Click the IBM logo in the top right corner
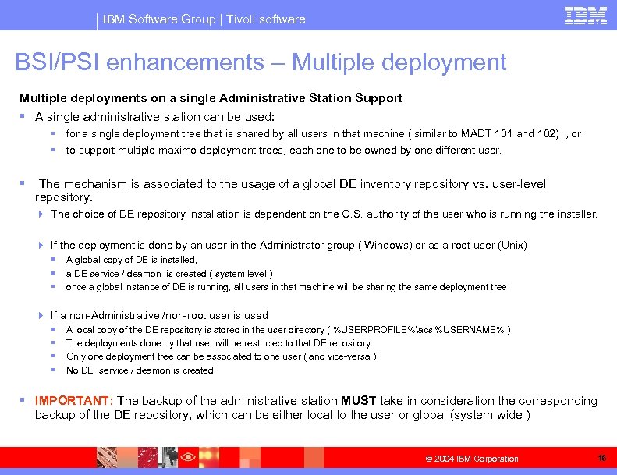(x=586, y=16)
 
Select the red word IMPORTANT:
(x=74, y=401)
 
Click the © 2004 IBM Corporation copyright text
(x=472, y=459)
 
